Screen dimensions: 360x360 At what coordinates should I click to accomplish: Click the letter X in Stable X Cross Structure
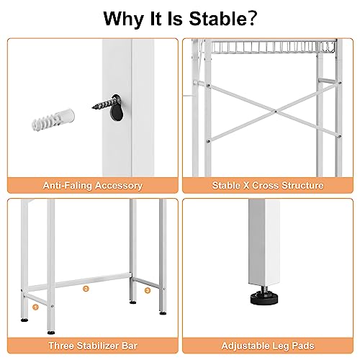[249, 186]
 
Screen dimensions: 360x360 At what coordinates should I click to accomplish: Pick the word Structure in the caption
[300, 186]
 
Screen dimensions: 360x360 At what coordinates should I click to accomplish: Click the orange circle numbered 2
[86, 289]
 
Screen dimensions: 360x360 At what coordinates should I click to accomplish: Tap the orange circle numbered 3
[147, 291]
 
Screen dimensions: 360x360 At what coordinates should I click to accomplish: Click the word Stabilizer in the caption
[102, 346]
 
